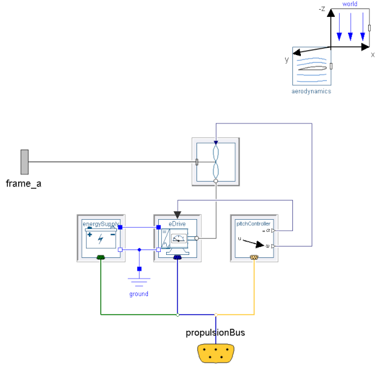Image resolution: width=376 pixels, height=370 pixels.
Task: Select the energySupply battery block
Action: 101,238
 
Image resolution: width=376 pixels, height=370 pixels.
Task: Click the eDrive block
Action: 177,238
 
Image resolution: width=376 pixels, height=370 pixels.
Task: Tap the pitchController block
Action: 254,238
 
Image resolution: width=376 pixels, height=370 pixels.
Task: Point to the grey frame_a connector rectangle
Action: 24,161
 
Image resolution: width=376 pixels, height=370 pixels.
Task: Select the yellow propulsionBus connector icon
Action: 216,352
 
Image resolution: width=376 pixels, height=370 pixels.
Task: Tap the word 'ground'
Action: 139,294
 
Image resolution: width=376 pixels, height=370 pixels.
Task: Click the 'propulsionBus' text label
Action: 215,332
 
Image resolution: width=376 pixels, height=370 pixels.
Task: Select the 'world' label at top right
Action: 350,4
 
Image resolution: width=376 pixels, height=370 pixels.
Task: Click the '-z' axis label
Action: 322,9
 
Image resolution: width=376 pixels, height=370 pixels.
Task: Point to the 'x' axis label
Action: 372,55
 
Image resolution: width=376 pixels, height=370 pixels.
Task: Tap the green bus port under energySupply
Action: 101,258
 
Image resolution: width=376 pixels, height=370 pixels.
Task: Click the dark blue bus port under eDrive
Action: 177,258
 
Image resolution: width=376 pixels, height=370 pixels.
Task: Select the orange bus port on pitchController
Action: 254,257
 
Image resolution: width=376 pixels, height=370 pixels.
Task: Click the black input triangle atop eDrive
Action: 177,214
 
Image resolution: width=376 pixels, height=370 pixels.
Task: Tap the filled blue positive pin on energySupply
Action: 120,227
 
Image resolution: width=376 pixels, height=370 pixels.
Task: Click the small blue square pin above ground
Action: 139,268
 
